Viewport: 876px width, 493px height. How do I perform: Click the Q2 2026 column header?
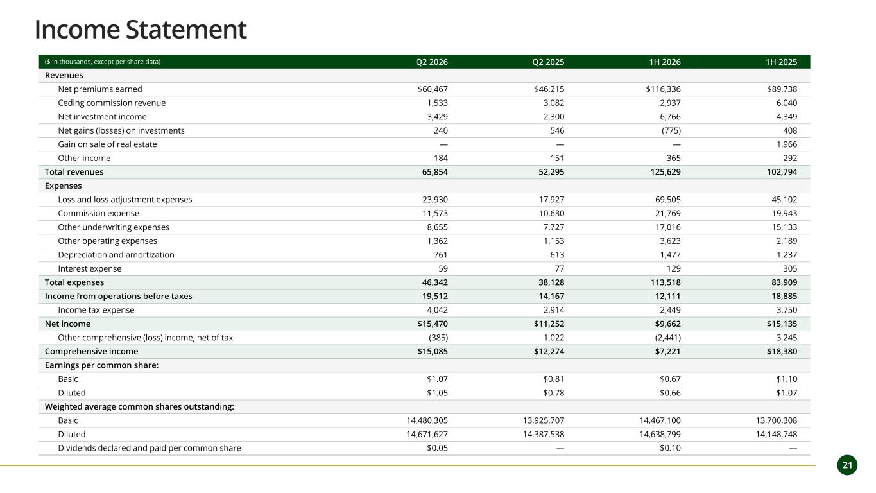click(x=432, y=62)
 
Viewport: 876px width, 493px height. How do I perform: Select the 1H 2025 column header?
click(x=782, y=62)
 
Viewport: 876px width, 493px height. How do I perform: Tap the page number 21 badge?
click(x=848, y=465)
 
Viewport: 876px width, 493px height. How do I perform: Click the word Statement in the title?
click(x=186, y=30)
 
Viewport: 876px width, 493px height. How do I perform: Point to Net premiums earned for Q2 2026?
click(x=433, y=89)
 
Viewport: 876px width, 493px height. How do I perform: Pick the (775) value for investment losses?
click(x=671, y=131)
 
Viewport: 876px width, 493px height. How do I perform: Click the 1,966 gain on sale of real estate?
click(x=787, y=144)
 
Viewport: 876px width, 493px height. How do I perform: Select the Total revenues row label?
click(x=74, y=172)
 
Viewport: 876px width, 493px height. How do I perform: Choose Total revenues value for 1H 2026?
click(x=666, y=172)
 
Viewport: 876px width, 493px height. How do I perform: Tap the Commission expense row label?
click(x=99, y=213)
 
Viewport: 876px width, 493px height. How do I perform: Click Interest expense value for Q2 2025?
click(x=560, y=268)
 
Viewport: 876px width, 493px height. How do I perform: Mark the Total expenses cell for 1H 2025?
click(x=784, y=282)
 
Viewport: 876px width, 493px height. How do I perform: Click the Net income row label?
click(x=67, y=324)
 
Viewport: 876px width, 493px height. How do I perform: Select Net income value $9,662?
click(x=668, y=324)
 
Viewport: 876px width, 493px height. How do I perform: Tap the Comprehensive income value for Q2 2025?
click(x=549, y=351)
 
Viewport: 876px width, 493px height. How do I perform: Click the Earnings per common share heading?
click(x=101, y=365)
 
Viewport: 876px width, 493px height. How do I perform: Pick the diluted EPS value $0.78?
click(x=554, y=393)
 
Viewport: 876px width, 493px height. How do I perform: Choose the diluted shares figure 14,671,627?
click(x=427, y=435)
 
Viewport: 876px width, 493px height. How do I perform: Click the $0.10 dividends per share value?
click(x=670, y=448)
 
